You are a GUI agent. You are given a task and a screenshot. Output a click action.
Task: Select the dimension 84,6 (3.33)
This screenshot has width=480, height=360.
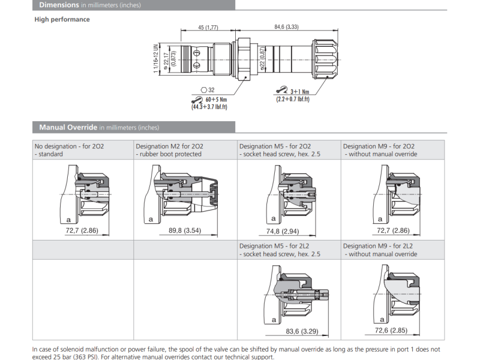coord(286,27)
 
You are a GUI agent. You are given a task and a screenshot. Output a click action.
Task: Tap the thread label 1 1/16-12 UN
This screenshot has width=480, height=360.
coord(156,58)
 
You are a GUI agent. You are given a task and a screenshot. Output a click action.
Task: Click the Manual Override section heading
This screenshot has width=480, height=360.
coord(67,127)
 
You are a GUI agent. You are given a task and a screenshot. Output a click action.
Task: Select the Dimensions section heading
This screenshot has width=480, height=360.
coord(59,5)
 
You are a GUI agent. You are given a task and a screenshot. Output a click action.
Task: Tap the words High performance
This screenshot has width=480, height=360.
coord(62,19)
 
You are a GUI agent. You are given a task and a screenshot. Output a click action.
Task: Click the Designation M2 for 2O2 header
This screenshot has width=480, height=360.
coord(169,146)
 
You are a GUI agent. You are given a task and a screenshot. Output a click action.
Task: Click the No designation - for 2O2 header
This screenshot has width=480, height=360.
coord(69,146)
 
